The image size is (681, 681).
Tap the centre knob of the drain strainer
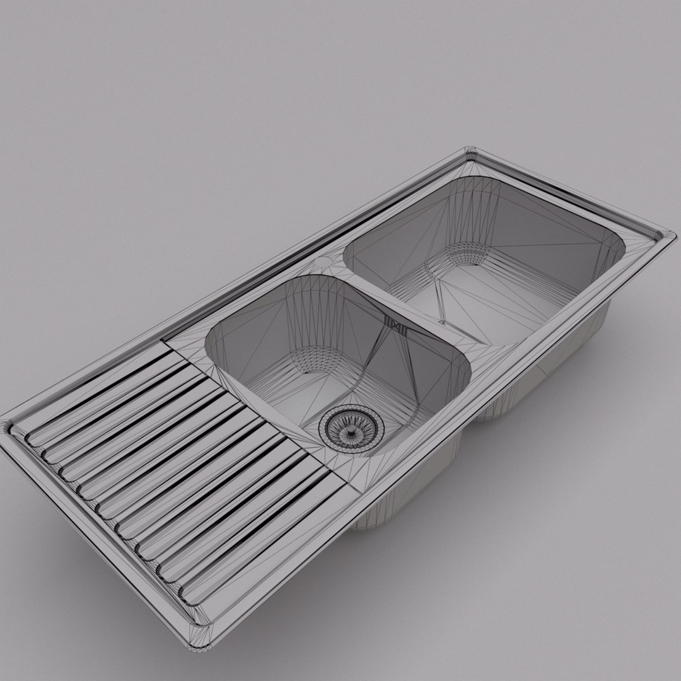pos(347,429)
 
